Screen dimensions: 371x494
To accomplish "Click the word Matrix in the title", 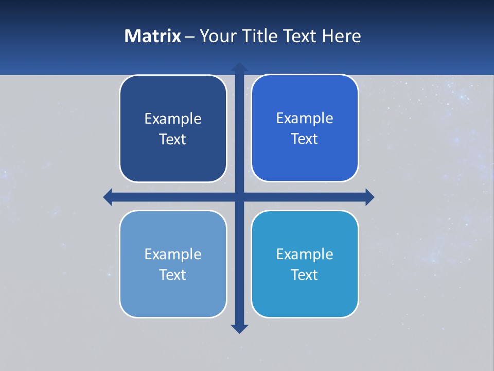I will [x=152, y=36].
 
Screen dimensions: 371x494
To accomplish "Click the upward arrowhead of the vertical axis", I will [x=239, y=67].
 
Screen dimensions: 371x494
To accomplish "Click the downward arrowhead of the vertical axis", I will [x=239, y=329].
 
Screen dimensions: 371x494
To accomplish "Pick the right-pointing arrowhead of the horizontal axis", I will [x=369, y=197].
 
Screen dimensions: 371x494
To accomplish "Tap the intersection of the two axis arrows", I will [x=239, y=197].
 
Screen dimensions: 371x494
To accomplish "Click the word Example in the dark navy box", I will [x=173, y=119].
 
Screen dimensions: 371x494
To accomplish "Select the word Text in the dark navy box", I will [x=173, y=140].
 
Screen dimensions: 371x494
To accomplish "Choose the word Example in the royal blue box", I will [x=305, y=119].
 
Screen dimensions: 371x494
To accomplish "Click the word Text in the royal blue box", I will [x=305, y=139].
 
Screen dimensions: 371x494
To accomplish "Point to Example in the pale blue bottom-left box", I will [x=173, y=255].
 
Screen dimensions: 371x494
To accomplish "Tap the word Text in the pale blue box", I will [x=173, y=275].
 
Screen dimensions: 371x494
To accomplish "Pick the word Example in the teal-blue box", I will [x=305, y=255].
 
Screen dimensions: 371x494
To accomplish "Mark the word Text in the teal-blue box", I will [x=305, y=275].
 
